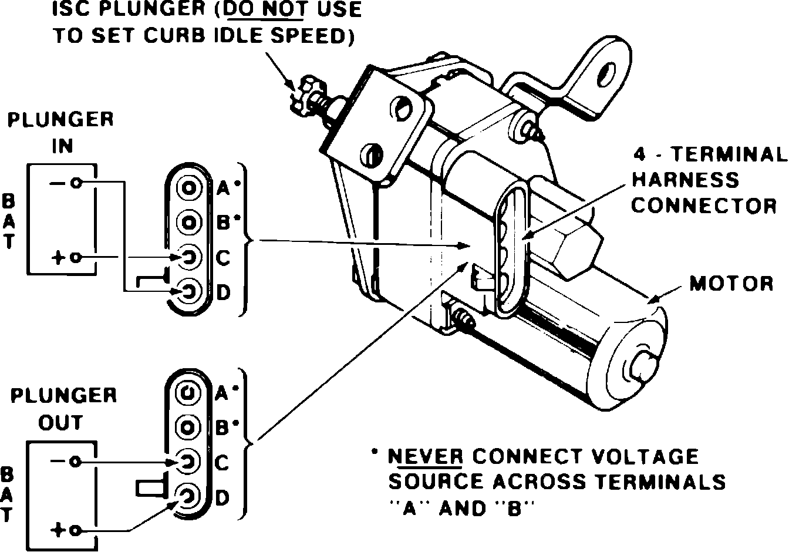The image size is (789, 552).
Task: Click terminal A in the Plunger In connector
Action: [x=189, y=188]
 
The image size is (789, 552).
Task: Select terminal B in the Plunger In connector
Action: [x=189, y=223]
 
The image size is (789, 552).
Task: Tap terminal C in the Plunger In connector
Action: [x=189, y=257]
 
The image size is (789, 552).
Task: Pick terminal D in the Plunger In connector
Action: [x=189, y=291]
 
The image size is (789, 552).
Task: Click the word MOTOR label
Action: [x=731, y=284]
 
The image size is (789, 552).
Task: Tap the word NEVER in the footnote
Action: [x=426, y=457]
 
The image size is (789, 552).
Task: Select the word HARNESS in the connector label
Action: [x=685, y=180]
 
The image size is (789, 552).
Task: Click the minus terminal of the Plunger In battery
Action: [x=75, y=183]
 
